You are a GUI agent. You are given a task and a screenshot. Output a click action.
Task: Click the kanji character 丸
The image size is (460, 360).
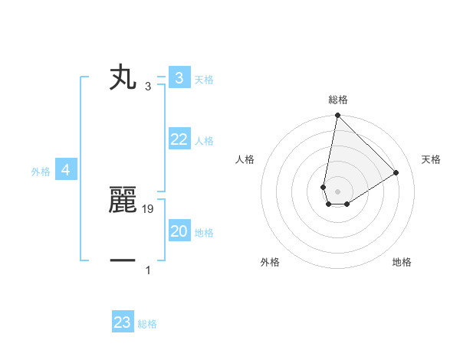(123, 78)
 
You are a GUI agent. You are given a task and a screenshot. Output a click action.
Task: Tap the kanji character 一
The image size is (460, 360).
(123, 260)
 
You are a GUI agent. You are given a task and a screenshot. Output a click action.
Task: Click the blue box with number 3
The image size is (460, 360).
(179, 77)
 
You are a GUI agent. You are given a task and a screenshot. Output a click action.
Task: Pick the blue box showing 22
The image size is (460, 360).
(179, 139)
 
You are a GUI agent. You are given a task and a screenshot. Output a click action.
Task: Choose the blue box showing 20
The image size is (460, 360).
(179, 231)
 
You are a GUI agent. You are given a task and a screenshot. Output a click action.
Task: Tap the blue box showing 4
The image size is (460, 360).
(66, 170)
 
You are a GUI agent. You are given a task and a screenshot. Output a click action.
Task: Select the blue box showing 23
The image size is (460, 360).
(123, 322)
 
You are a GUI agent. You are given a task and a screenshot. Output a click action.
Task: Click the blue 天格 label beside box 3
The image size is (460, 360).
(203, 80)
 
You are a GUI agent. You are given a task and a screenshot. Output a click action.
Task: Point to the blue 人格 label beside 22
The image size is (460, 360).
(203, 141)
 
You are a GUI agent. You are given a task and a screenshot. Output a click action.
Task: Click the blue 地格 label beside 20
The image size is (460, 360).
(203, 233)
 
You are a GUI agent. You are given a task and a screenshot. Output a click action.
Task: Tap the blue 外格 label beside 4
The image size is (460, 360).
(41, 172)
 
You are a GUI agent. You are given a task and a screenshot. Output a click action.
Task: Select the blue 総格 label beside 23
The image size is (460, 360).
(147, 325)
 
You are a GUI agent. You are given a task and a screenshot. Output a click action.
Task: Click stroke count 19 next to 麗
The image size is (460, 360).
(149, 208)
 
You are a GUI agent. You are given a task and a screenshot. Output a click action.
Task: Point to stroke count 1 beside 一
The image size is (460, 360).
(148, 270)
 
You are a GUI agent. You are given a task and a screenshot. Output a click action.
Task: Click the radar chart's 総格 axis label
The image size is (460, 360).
(337, 100)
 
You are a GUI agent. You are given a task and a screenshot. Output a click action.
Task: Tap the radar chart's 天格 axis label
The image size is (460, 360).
(431, 159)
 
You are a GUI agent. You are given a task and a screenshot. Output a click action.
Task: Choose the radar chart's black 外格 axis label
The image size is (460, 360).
(270, 263)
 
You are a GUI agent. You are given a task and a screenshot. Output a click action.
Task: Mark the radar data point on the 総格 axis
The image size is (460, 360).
(337, 116)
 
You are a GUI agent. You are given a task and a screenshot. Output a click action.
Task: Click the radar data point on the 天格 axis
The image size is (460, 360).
(396, 172)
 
